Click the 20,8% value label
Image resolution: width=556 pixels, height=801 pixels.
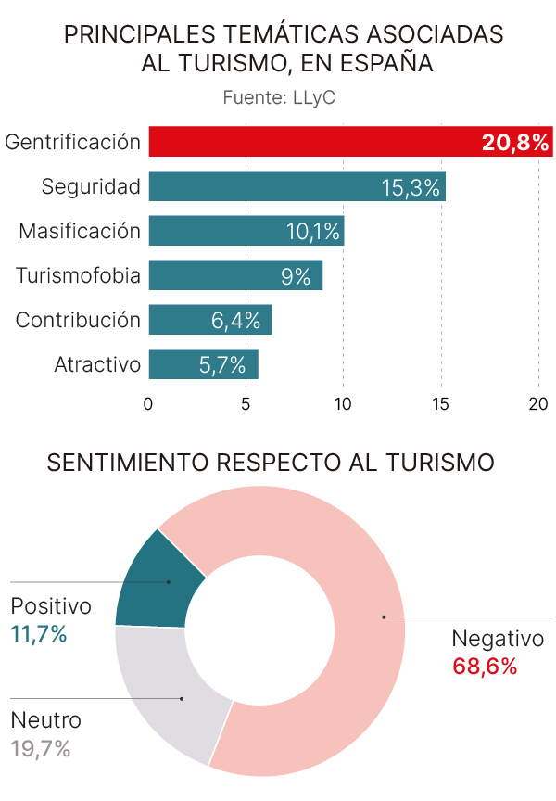[x=515, y=143]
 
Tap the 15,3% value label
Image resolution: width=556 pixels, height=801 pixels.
[x=410, y=187]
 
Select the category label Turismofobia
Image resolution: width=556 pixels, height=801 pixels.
[x=79, y=275]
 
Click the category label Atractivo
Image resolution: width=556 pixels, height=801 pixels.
[x=97, y=364]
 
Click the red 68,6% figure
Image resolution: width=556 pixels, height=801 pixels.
[x=484, y=666]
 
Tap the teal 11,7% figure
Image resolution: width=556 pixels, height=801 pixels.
[x=39, y=634]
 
